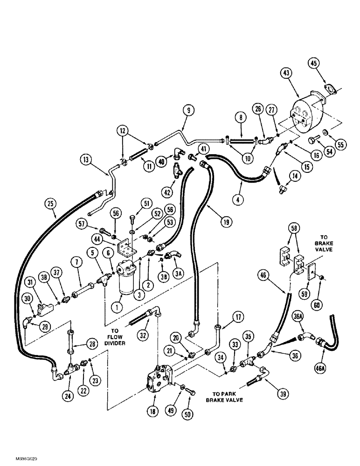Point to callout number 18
point(153,411)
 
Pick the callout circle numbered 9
point(189,111)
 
